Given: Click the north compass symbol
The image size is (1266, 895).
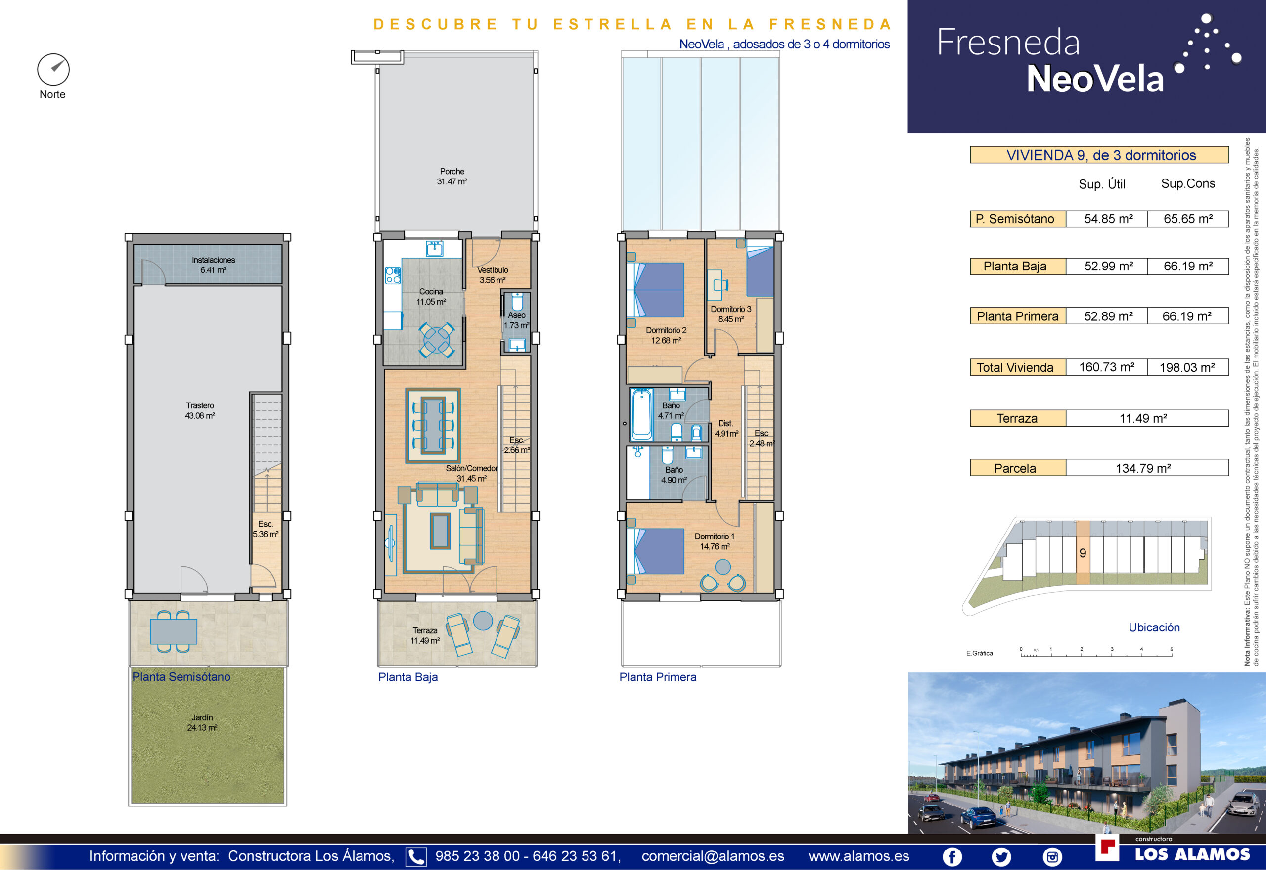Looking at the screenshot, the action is pyautogui.click(x=53, y=70).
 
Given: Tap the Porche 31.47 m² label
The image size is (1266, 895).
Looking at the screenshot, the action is pyautogui.click(x=452, y=177).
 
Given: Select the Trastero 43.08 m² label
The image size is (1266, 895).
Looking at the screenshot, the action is pyautogui.click(x=200, y=411).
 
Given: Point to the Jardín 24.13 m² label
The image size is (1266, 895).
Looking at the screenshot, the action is pyautogui.click(x=202, y=723).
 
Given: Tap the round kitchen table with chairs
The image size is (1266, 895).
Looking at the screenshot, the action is pyautogui.click(x=436, y=340).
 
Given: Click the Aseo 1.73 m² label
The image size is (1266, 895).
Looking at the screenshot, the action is pyautogui.click(x=517, y=320).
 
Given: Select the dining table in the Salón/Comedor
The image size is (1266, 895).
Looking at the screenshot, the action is pyautogui.click(x=433, y=425).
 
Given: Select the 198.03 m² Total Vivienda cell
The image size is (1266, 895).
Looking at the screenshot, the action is pyautogui.click(x=1188, y=368).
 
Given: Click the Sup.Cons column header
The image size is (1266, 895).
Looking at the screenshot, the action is pyautogui.click(x=1188, y=183).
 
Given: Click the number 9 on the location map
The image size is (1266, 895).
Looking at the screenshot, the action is pyautogui.click(x=1083, y=553).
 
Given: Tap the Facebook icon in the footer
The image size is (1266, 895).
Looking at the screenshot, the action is pyautogui.click(x=952, y=857).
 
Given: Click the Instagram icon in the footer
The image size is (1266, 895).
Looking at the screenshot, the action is pyautogui.click(x=1052, y=857).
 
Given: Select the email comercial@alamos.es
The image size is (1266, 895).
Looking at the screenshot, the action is pyautogui.click(x=713, y=856).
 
